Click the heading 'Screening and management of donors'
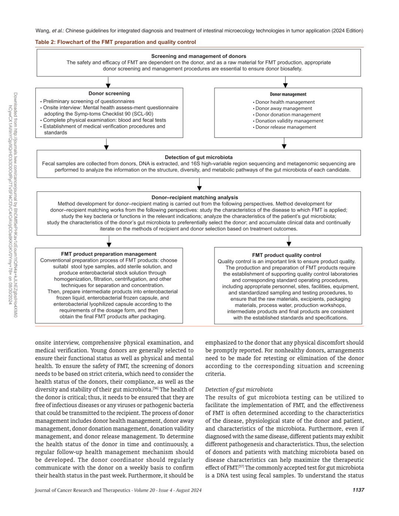[x=198, y=56]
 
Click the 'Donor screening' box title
[x=109, y=93]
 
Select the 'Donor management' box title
[x=288, y=95]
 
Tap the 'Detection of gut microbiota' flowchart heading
[x=198, y=157]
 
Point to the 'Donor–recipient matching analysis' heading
[x=195, y=198]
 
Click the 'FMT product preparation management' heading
[x=109, y=254]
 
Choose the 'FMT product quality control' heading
[x=286, y=255]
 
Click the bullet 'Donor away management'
[x=284, y=109]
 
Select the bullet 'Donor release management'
[x=286, y=127]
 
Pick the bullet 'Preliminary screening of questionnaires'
[x=89, y=101]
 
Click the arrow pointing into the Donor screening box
[x=108, y=82]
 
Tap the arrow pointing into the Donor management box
[x=285, y=82]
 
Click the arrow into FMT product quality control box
[x=289, y=242]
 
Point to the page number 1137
[x=358, y=490]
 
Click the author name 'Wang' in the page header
[x=42, y=31]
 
